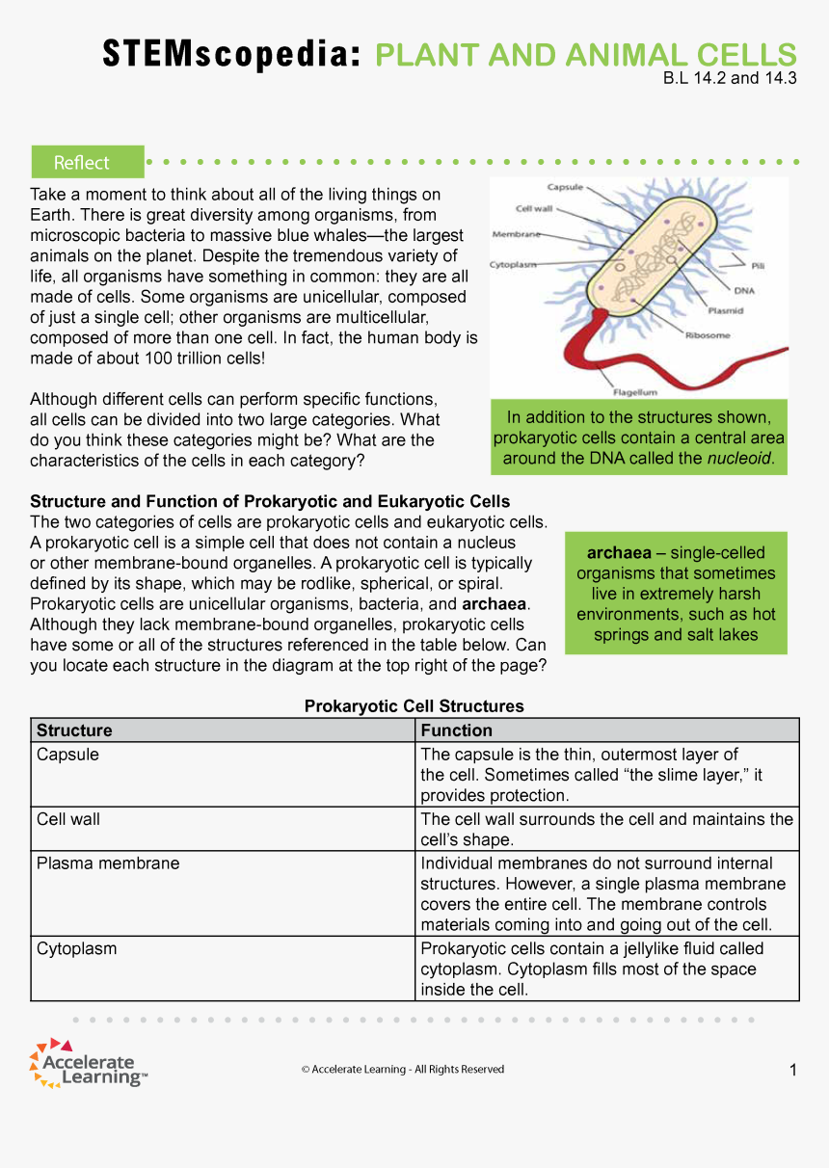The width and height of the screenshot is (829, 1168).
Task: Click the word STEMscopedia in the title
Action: click(x=231, y=55)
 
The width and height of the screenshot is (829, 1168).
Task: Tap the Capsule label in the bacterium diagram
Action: click(x=563, y=187)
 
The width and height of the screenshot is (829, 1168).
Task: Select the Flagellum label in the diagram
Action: click(x=635, y=392)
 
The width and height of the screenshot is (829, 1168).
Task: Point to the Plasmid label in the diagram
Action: click(x=725, y=310)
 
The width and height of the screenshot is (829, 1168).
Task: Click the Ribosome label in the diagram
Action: click(x=708, y=335)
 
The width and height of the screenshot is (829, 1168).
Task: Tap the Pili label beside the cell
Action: click(x=758, y=265)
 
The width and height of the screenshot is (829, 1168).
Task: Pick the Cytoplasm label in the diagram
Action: click(x=513, y=263)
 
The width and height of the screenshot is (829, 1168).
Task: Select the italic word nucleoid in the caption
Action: click(x=739, y=458)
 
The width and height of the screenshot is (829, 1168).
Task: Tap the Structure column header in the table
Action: click(x=74, y=730)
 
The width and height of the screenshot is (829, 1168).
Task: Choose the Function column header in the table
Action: click(x=456, y=730)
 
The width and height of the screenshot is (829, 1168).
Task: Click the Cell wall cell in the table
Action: click(x=68, y=819)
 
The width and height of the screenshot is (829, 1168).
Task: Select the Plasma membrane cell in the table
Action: click(x=108, y=863)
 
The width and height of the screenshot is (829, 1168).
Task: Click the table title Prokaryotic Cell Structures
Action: click(x=414, y=706)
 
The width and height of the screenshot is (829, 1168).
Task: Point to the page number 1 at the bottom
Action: click(x=792, y=1070)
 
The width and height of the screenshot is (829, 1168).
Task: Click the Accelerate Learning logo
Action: click(x=89, y=1065)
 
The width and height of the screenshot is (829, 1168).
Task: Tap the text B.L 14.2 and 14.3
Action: click(x=730, y=79)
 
